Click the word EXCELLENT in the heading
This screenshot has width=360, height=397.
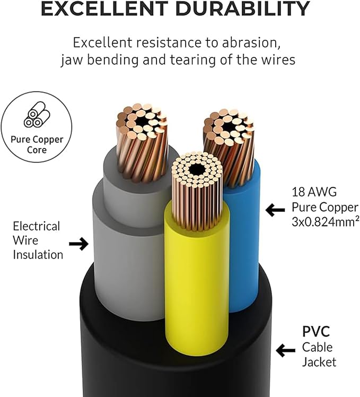coord(104,8)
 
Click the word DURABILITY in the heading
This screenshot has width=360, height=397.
coord(243,8)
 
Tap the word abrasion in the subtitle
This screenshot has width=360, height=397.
coord(251,42)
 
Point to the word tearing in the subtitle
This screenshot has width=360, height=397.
coord(193,60)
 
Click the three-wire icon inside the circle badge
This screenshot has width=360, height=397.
coord(37,115)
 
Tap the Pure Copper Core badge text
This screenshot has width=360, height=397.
coord(37,144)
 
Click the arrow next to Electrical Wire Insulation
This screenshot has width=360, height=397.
coord(78,244)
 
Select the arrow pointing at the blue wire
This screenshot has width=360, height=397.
coord(275,210)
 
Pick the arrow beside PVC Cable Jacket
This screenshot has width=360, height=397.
coord(286,350)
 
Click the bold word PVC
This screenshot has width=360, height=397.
coord(316,331)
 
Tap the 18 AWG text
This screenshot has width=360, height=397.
coord(314,192)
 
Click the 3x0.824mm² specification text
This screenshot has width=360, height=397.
coord(326,222)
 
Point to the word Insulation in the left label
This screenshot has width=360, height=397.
coord(38,255)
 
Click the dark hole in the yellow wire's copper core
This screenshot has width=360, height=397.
coord(197,169)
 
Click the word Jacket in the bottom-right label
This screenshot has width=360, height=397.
coord(319,362)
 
